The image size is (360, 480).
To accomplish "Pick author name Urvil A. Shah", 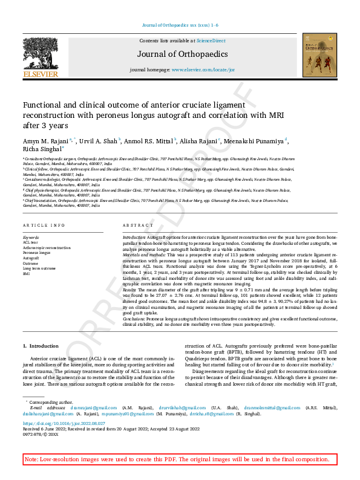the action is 100,141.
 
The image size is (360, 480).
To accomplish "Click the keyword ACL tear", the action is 30,242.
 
